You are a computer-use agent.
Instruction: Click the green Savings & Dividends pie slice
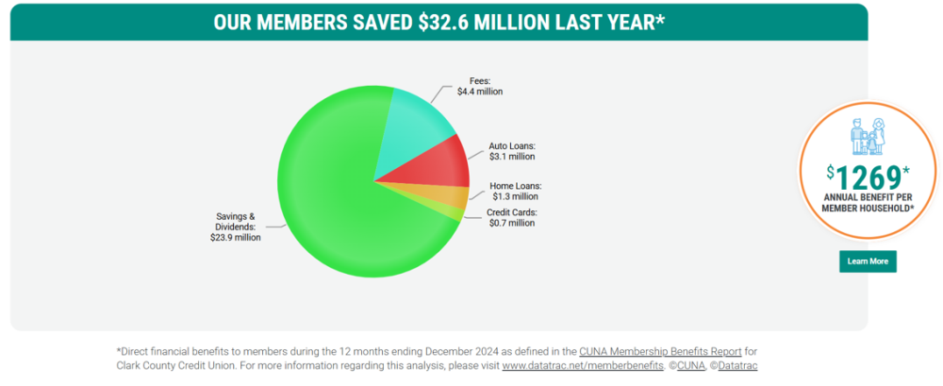(339, 208)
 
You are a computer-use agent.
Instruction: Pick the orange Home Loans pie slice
(451, 197)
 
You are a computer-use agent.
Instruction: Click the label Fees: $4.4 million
(480, 86)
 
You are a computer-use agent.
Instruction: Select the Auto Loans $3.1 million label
(512, 151)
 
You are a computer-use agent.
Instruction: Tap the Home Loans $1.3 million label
(516, 191)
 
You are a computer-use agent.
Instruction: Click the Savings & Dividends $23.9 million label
(235, 227)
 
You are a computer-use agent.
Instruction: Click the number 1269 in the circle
(869, 176)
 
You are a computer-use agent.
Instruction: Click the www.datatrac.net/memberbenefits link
(583, 365)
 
